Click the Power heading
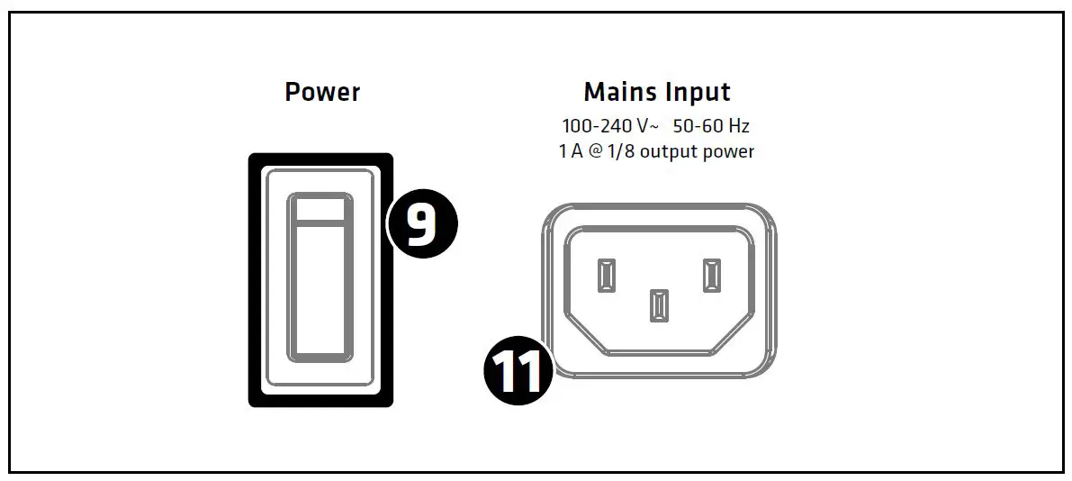tap(322, 92)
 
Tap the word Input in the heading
tap(699, 92)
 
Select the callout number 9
tap(422, 225)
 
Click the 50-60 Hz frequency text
tap(711, 126)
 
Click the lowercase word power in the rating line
tap(732, 152)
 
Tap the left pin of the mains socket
tap(606, 275)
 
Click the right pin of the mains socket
tap(712, 275)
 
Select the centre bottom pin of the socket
tap(659, 305)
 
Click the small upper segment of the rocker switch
tap(320, 209)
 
